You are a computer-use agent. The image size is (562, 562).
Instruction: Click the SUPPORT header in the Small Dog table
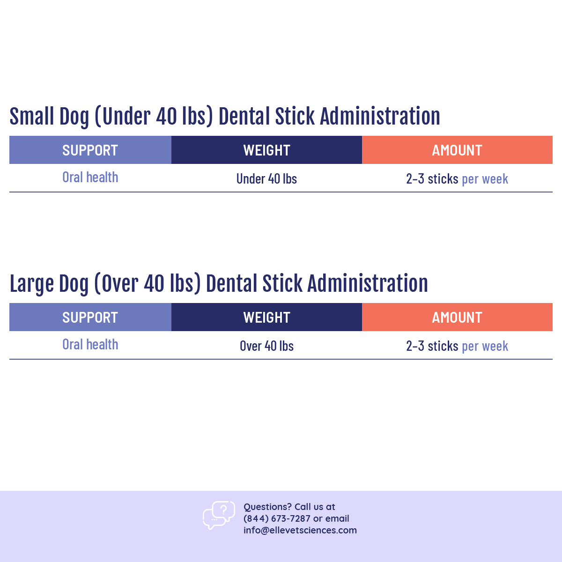click(x=90, y=150)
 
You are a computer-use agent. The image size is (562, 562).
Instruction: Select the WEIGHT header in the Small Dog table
click(x=266, y=150)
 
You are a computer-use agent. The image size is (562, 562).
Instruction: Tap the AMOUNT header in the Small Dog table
click(x=457, y=150)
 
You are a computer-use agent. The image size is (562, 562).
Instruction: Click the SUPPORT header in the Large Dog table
click(x=90, y=318)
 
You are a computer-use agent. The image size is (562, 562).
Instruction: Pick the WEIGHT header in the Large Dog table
click(x=266, y=318)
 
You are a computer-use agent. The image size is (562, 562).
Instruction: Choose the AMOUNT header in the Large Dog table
click(x=457, y=318)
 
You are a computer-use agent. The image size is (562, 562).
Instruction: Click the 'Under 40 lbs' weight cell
click(x=266, y=179)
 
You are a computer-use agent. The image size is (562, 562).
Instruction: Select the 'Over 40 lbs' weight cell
click(x=266, y=346)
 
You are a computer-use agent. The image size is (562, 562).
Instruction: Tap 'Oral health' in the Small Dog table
click(x=90, y=177)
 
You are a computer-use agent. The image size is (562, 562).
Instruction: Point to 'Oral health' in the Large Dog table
click(x=90, y=345)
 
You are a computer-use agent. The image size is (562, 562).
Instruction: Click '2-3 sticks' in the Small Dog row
click(x=432, y=179)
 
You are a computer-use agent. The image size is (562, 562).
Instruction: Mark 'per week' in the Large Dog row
click(x=485, y=346)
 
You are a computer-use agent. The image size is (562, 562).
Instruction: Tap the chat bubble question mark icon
click(x=219, y=515)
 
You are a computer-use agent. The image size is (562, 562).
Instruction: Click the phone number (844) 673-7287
click(x=277, y=518)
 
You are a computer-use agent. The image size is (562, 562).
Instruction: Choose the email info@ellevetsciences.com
click(x=300, y=530)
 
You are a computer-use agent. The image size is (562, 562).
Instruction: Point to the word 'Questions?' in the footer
click(x=267, y=507)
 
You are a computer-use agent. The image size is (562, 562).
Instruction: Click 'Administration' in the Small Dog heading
click(x=380, y=117)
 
